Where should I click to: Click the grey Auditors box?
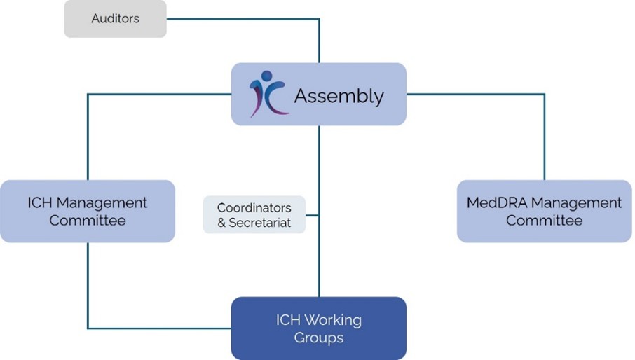(116, 19)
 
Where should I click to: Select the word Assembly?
(339, 95)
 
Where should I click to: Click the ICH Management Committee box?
(87, 211)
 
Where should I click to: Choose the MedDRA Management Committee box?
(544, 211)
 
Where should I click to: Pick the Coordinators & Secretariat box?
(254, 214)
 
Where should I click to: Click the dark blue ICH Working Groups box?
(318, 328)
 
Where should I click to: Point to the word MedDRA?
(496, 203)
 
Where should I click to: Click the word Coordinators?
(254, 208)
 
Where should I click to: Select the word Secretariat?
(260, 223)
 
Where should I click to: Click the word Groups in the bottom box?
(318, 338)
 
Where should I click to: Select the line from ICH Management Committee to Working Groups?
(88, 287)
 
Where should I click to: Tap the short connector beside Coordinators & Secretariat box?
(312, 214)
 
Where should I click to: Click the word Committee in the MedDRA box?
(544, 221)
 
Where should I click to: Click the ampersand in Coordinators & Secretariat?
(222, 223)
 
